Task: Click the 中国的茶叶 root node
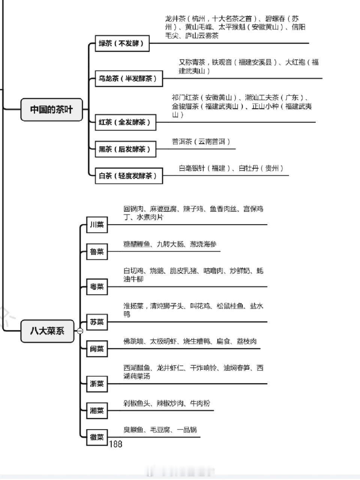pos(52,109)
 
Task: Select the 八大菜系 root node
pos(47,331)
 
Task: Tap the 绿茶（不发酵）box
pos(122,43)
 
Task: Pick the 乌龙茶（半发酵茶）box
pos(129,78)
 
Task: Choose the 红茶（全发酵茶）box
pos(126,122)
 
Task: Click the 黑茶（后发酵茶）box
pos(126,149)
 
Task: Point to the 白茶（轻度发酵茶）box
pos(129,176)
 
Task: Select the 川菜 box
pos(97,225)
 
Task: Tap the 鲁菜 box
pos(97,252)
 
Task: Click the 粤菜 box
pos(97,287)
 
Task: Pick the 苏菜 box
pos(97,322)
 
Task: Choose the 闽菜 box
pos(97,349)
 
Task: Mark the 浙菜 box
pos(97,384)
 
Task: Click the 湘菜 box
pos(97,411)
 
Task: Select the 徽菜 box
pos(97,437)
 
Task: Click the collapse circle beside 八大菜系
pos(80,331)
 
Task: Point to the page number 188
pos(115,444)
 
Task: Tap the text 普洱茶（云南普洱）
pos(201,142)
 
